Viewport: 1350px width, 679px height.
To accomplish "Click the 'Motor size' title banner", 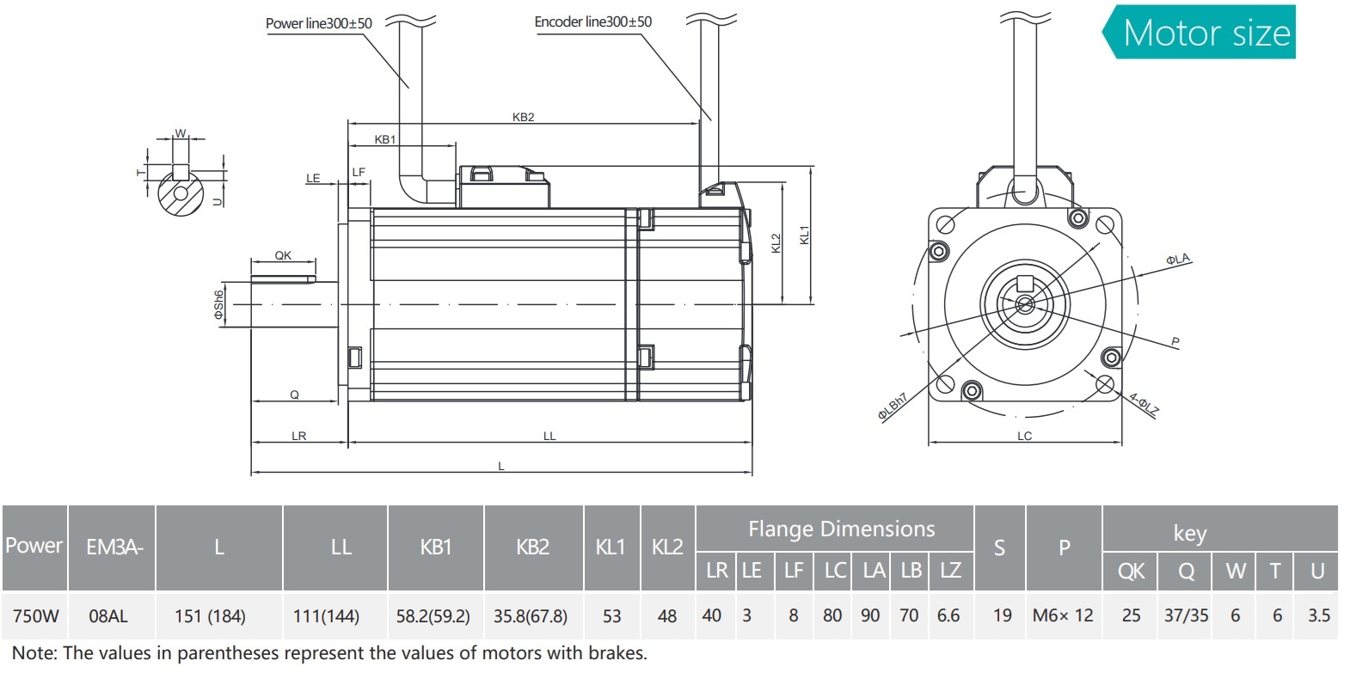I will pyautogui.click(x=1206, y=33).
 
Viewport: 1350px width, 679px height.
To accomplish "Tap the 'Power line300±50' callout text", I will pyautogui.click(x=318, y=23).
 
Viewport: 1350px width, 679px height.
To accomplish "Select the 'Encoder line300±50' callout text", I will pyautogui.click(x=592, y=21).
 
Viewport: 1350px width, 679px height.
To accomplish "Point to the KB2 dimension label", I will pyautogui.click(x=523, y=117).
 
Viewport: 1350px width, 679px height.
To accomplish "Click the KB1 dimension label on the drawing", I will pyautogui.click(x=384, y=139).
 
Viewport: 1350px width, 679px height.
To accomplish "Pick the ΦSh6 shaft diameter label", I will pyautogui.click(x=219, y=304).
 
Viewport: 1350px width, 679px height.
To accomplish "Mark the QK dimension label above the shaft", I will pyautogui.click(x=283, y=255).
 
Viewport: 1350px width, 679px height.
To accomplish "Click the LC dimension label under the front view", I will pyautogui.click(x=1024, y=436).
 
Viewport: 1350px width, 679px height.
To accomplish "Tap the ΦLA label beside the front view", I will pyautogui.click(x=1177, y=259).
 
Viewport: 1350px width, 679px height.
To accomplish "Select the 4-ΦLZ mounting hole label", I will pyautogui.click(x=1144, y=404).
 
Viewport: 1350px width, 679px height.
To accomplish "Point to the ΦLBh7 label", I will pyautogui.click(x=893, y=407).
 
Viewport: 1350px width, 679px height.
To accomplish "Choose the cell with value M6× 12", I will pyautogui.click(x=1063, y=615).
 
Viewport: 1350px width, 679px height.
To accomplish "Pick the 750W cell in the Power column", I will pyautogui.click(x=36, y=616).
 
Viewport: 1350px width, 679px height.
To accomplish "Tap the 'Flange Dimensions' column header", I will pyautogui.click(x=841, y=529).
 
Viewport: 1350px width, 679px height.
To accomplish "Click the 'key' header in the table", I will pyautogui.click(x=1189, y=533).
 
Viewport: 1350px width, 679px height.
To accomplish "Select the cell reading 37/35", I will pyautogui.click(x=1186, y=615).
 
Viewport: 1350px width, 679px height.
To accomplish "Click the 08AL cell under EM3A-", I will pyautogui.click(x=108, y=616).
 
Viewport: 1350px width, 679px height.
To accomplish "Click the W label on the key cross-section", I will pyautogui.click(x=181, y=132).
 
